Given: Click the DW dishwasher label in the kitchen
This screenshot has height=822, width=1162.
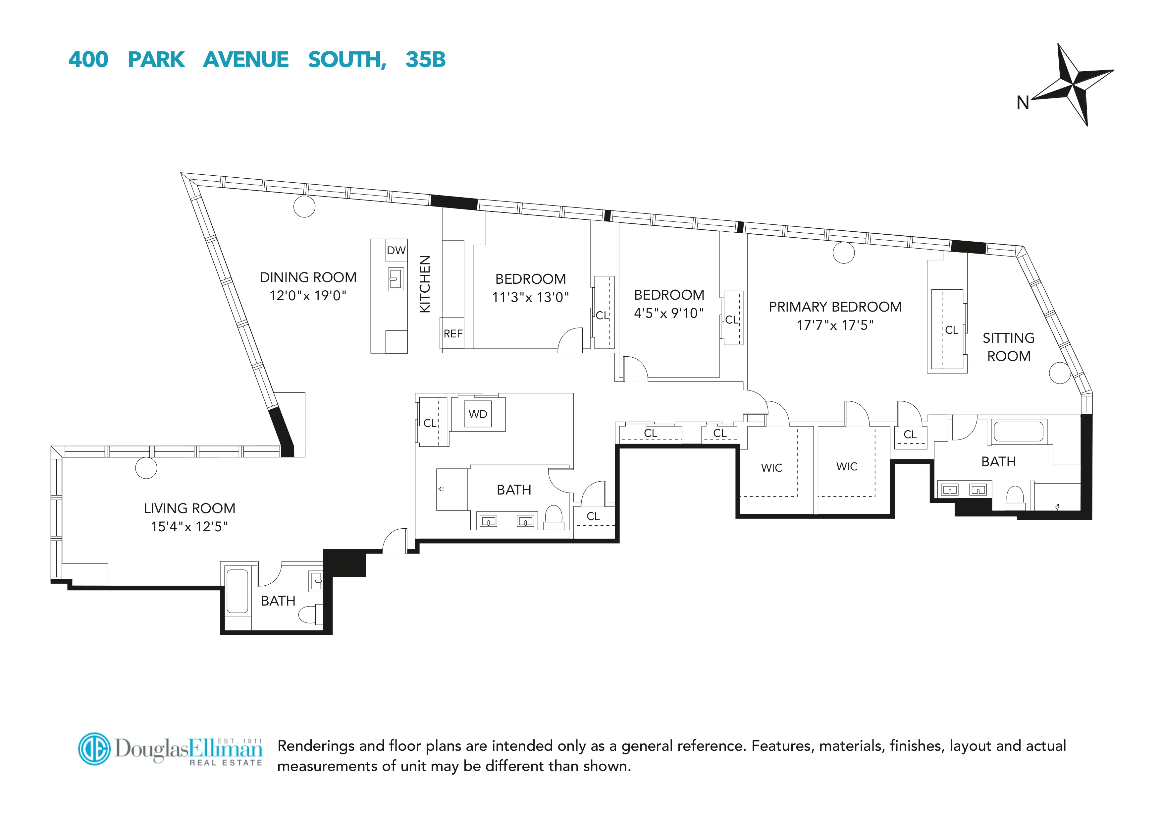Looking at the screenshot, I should tap(396, 250).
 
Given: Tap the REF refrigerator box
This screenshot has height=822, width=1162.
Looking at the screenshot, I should tap(452, 333).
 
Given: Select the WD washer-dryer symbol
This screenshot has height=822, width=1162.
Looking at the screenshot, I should tap(477, 414).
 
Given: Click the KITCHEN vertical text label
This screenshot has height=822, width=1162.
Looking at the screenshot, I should tap(425, 284).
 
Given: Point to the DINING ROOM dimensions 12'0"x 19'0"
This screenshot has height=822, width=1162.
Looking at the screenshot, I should tap(308, 296).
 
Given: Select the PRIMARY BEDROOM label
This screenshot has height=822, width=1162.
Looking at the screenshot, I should tap(835, 307).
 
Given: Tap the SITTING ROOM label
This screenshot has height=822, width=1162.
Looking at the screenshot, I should tap(1008, 347).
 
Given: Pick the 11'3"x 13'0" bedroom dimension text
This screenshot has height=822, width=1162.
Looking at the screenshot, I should tap(530, 297).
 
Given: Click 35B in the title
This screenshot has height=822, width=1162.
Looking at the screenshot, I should tap(425, 60).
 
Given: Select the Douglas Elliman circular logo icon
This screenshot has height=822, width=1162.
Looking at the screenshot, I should tap(94, 748).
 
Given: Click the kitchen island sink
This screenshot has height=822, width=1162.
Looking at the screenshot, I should tap(396, 279).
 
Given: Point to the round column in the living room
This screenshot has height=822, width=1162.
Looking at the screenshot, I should tap(146, 468).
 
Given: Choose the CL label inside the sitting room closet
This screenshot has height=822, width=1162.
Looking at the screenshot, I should tap(951, 330).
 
